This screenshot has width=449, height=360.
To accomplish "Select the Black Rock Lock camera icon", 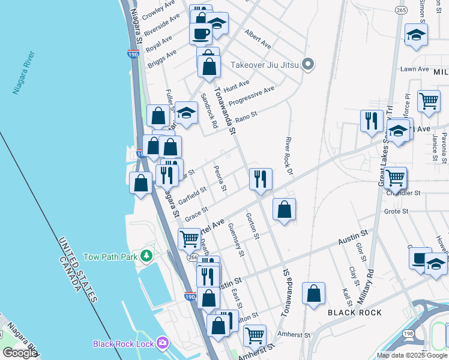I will point(162,343).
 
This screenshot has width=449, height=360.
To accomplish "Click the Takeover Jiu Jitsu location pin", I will point(308,64).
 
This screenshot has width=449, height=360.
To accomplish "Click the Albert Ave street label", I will point(258,40).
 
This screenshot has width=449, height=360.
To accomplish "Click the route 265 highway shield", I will point(401,10).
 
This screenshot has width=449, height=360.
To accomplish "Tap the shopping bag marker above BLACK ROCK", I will point(313,293).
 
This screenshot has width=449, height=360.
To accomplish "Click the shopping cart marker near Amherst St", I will point(255,334).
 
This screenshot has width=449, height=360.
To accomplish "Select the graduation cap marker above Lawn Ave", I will point(416,34).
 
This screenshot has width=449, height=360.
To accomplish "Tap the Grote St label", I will point(396,211).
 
